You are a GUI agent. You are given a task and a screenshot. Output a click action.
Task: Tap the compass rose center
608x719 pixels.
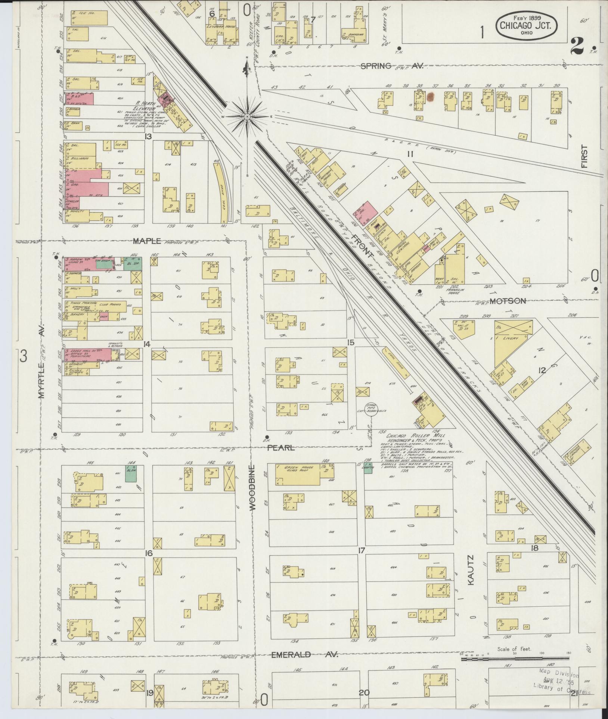(x=247, y=117)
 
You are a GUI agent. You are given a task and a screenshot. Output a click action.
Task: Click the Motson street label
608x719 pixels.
(x=508, y=301)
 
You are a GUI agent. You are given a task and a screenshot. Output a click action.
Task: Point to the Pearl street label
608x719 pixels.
(x=281, y=448)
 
